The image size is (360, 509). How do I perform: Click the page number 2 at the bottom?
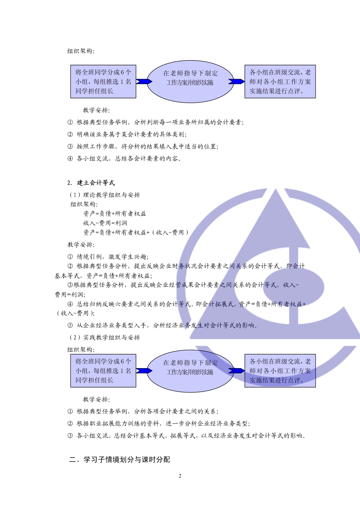click(x=180, y=476)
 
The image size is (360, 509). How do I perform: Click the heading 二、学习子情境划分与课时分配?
click(x=120, y=460)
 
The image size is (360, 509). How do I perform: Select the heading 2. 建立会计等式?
click(x=91, y=183)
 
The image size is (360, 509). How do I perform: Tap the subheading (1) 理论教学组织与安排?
click(x=105, y=195)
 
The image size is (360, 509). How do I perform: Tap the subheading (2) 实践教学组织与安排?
click(x=105, y=337)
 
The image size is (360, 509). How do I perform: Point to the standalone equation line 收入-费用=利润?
click(x=105, y=223)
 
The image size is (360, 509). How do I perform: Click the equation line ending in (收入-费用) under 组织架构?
click(x=136, y=233)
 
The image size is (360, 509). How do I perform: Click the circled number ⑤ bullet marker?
click(x=70, y=325)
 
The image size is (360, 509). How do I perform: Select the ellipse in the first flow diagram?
click(x=190, y=81)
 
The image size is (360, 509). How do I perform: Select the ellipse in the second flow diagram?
click(x=190, y=371)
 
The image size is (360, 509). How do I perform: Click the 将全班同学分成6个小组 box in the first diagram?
click(x=103, y=81)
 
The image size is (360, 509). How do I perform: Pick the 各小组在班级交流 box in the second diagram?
click(x=280, y=371)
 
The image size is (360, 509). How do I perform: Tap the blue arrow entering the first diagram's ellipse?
click(x=144, y=81)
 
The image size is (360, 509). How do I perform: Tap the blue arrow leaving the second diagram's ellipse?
click(x=236, y=371)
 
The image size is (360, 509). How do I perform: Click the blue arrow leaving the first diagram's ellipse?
click(x=236, y=81)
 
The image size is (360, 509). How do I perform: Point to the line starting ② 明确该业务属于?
click(x=127, y=134)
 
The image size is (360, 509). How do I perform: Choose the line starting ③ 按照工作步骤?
click(x=143, y=147)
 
